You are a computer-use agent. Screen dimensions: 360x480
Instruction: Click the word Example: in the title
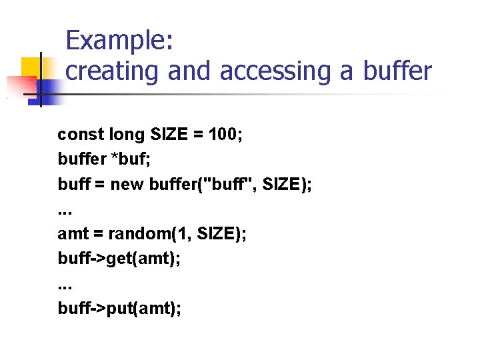[120, 41]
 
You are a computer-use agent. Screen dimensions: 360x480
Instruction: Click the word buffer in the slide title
[397, 71]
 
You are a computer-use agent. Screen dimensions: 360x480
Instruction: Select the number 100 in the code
[224, 135]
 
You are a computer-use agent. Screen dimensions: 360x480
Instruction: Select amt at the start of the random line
[71, 233]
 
